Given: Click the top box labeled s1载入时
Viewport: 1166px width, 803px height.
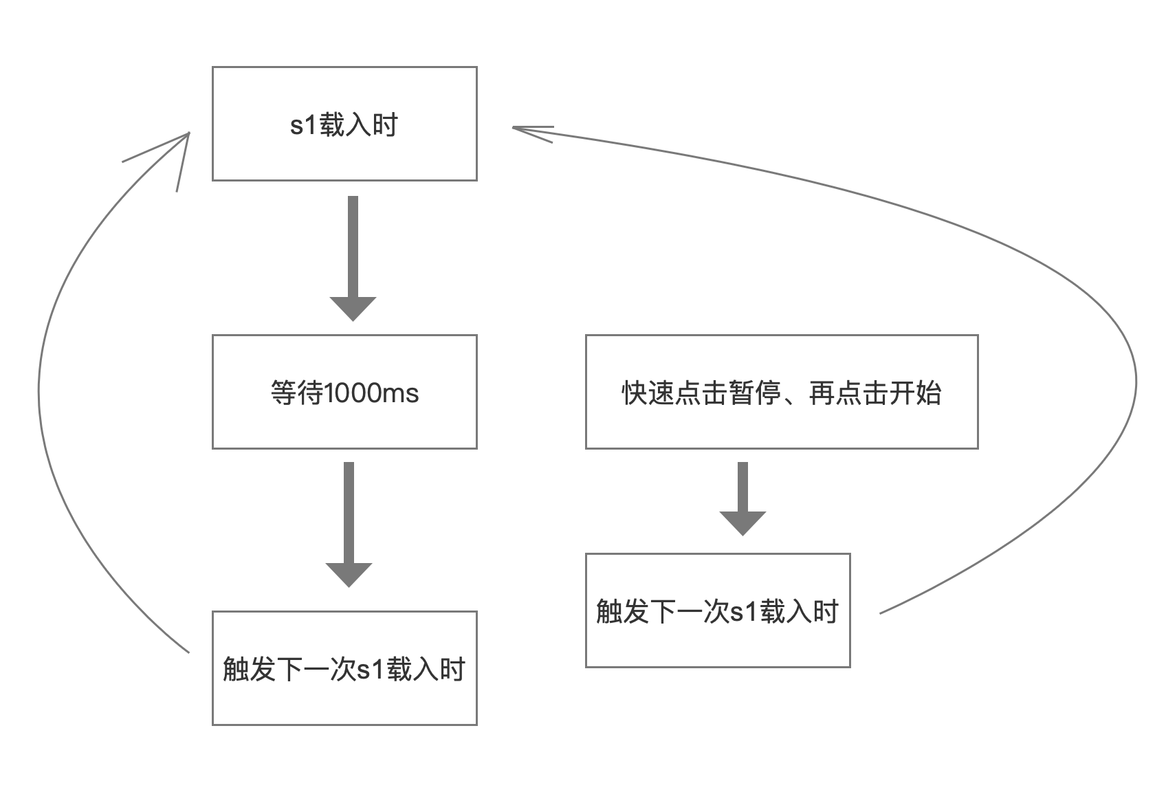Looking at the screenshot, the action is [344, 124].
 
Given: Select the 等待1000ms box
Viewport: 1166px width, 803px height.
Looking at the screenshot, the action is [344, 392].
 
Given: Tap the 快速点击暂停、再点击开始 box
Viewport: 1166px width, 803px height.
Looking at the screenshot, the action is [782, 392].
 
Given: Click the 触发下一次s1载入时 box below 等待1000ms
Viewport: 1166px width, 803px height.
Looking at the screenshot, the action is [344, 668].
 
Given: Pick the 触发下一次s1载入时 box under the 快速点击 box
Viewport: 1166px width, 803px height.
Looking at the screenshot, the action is [718, 610].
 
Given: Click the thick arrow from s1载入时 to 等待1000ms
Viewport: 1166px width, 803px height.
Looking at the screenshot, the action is [353, 258].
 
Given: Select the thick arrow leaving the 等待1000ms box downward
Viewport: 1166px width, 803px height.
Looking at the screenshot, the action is [349, 525].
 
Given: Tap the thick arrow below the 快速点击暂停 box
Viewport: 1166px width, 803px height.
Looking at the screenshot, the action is [742, 498].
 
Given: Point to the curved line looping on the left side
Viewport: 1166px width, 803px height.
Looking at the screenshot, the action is [39, 390].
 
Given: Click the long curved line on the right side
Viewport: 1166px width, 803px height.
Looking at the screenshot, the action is [1136, 382].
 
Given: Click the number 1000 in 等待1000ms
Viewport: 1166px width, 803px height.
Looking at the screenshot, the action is [353, 393].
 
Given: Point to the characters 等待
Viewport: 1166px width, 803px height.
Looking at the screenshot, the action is [297, 393].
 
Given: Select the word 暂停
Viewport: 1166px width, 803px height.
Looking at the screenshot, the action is [755, 393].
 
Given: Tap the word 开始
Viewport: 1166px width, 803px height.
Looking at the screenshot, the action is [915, 393].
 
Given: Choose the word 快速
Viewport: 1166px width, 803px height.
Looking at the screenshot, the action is [648, 393].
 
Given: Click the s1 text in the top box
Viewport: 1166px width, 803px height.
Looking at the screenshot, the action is [303, 125].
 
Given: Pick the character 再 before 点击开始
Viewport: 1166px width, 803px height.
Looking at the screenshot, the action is [822, 393].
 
